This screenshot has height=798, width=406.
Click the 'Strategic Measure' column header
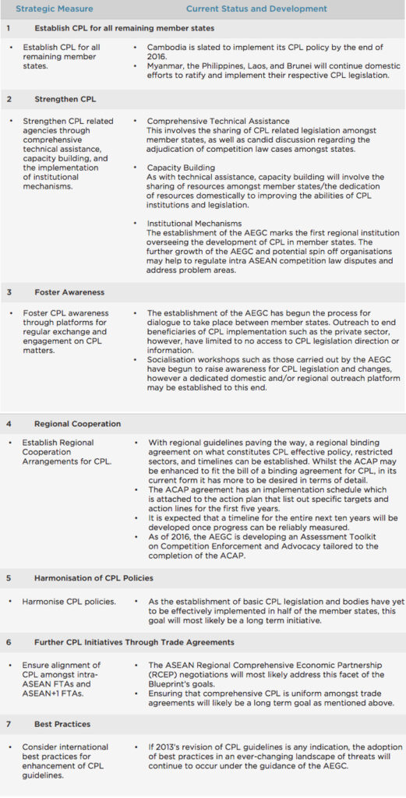[55, 9]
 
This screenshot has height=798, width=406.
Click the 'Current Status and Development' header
[256, 9]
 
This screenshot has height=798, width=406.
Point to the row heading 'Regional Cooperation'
[77, 424]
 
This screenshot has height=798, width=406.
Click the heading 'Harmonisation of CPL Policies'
[94, 578]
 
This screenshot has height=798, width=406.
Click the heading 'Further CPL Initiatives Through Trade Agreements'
[134, 642]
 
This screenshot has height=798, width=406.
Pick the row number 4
[9, 424]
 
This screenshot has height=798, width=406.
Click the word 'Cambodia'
[171, 48]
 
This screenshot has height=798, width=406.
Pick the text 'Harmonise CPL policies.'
[69, 601]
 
